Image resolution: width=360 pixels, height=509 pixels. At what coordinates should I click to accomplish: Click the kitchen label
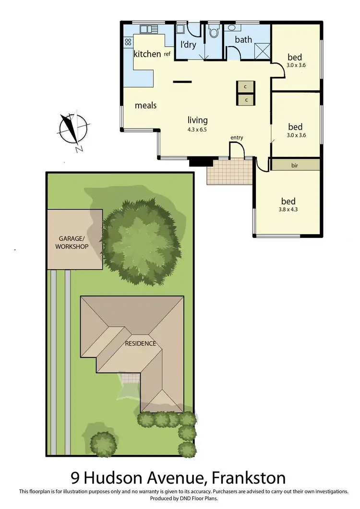[x=147, y=54]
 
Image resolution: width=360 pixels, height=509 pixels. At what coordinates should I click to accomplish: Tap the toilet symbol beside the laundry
[x=214, y=32]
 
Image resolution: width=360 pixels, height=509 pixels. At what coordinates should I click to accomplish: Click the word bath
[x=243, y=39]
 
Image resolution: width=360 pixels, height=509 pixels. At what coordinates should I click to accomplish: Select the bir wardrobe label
[x=295, y=165]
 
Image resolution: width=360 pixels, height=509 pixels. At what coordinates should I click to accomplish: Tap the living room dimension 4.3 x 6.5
[x=197, y=129]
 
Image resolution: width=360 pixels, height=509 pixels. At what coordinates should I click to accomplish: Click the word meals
[x=146, y=105]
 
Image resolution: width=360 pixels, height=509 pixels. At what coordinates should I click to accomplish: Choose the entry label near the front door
[x=237, y=138]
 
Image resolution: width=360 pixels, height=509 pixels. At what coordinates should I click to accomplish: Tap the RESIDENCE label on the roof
[x=140, y=343]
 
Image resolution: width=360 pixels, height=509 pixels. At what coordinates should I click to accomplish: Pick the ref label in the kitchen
[x=168, y=54]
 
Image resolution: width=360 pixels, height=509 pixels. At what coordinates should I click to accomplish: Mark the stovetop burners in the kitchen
[x=128, y=42]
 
